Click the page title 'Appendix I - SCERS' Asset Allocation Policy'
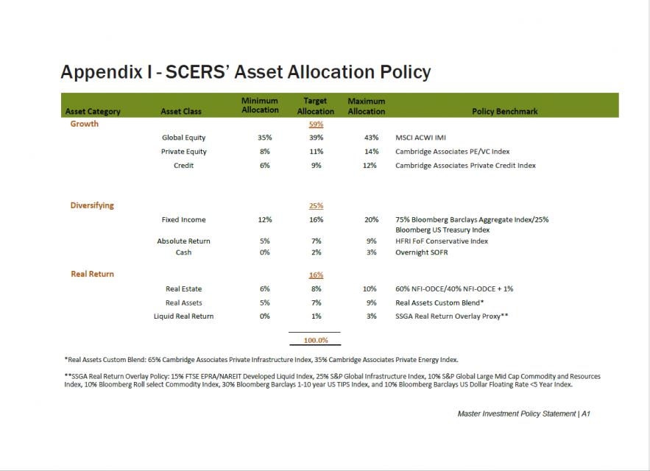245,72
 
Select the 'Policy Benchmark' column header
504,112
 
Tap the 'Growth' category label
84,124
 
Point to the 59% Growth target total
316,124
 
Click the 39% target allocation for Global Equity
316,138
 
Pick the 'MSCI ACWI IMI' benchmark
420,138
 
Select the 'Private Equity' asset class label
184,152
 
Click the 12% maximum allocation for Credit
371,166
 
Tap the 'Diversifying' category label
92,205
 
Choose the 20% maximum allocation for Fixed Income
371,219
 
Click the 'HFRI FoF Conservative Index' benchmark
442,241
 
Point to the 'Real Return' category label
93,274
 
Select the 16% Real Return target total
316,275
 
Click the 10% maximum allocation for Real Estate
371,288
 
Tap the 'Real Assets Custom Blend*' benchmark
439,302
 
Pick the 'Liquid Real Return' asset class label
183,316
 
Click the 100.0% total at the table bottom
315,341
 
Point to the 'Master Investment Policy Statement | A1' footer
523,414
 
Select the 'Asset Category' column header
93,112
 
